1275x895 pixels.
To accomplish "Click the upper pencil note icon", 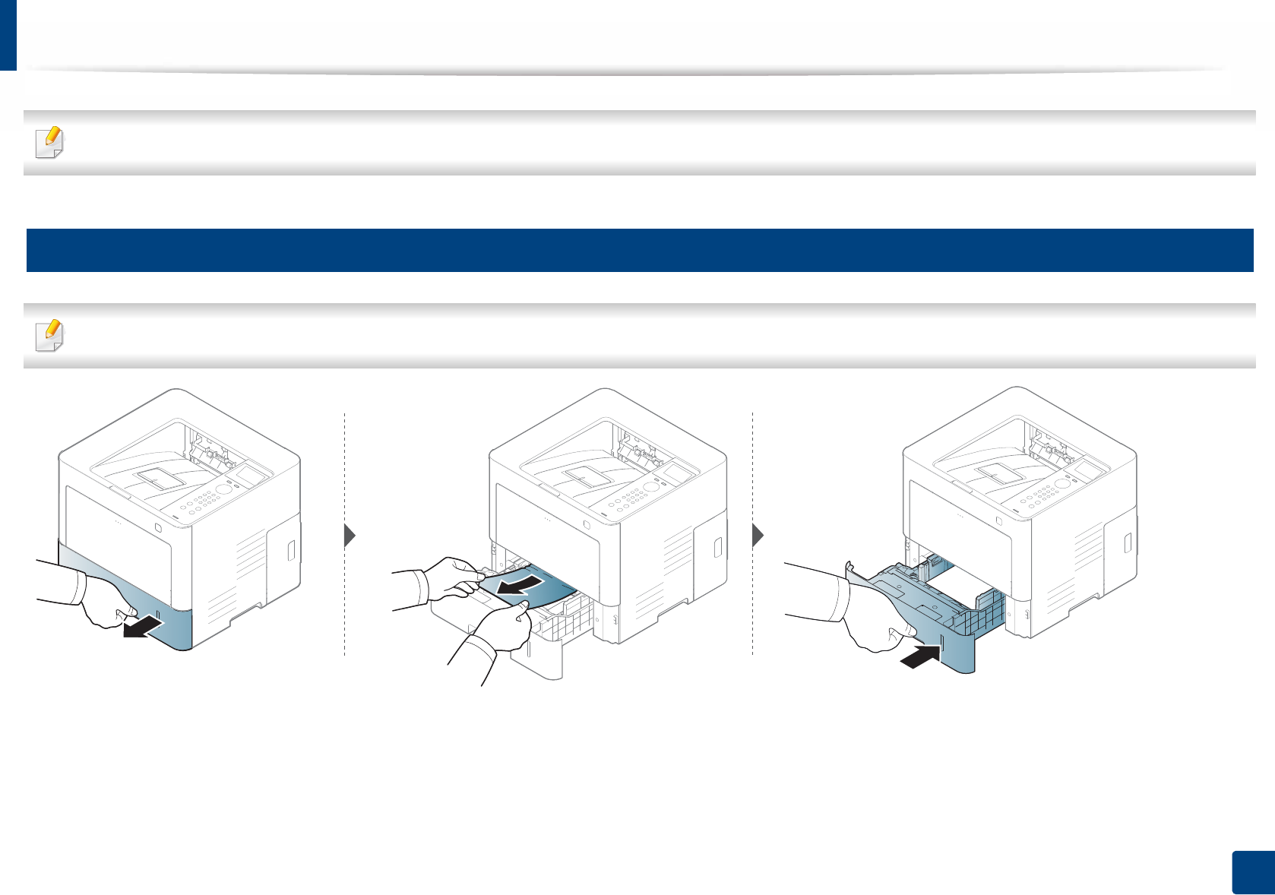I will tap(50, 143).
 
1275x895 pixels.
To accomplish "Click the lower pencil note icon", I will tap(50, 336).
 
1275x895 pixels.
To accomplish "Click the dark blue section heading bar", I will tap(639, 250).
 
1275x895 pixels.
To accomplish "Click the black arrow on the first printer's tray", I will tap(144, 628).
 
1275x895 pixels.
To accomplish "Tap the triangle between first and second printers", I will tap(350, 536).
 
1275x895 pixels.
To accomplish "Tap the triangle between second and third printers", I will tap(758, 536).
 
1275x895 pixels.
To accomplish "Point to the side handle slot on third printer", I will tap(1128, 543).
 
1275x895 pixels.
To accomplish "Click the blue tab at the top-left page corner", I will tap(8, 34).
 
